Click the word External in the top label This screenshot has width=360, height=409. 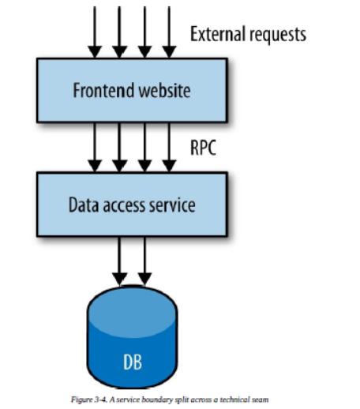217,34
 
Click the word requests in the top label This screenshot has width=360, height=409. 277,35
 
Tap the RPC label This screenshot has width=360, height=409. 203,148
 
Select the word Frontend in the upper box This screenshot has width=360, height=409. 103,90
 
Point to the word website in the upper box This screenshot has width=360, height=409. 164,90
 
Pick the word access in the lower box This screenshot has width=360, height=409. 124,205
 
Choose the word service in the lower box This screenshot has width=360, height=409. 172,204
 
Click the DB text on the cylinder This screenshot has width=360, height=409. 133,362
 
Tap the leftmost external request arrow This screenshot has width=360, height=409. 95,32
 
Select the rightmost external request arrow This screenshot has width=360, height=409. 169,32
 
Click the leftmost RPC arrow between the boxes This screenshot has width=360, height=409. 95,148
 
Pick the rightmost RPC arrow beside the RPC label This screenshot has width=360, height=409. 169,148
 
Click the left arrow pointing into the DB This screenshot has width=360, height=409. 119,261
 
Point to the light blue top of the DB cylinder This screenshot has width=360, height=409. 132,311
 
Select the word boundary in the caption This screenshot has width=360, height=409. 157,400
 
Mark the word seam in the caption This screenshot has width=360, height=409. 260,400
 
